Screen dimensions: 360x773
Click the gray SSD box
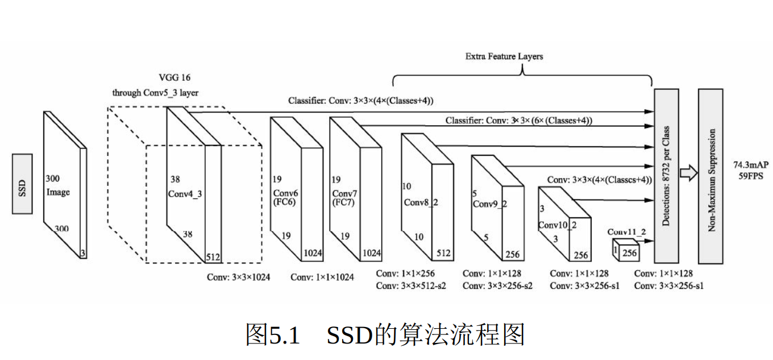[x=22, y=184]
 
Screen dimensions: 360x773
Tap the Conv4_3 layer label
[x=185, y=193]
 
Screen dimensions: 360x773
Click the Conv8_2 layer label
[x=421, y=202]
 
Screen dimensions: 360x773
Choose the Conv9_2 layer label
[x=489, y=204]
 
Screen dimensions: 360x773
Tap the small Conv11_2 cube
[x=624, y=250]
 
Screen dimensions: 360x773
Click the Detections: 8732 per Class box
[x=666, y=176]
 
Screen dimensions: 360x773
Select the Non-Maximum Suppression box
[x=710, y=176]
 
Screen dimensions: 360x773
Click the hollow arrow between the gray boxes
[x=688, y=173]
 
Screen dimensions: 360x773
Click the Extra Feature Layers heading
[x=504, y=56]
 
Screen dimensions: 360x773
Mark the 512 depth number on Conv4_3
[x=214, y=256]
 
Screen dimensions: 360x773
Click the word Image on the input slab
[x=58, y=192]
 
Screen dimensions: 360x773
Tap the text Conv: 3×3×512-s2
[x=411, y=285]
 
